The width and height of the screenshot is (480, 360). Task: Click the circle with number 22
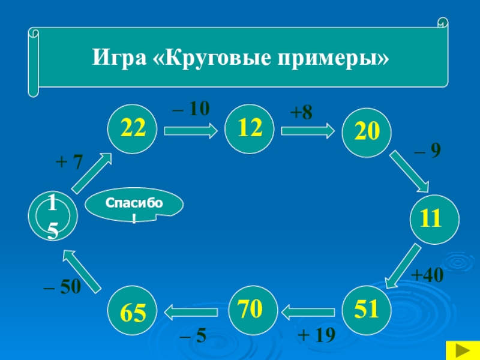tap(133, 128)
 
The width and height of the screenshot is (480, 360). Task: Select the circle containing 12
tap(249, 128)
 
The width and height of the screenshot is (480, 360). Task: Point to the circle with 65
tap(132, 311)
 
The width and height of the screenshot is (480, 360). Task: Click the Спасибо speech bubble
tap(134, 207)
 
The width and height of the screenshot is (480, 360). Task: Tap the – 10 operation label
tap(191, 109)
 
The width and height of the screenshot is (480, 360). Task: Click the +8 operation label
tap(301, 111)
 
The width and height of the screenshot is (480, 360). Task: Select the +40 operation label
tap(427, 275)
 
